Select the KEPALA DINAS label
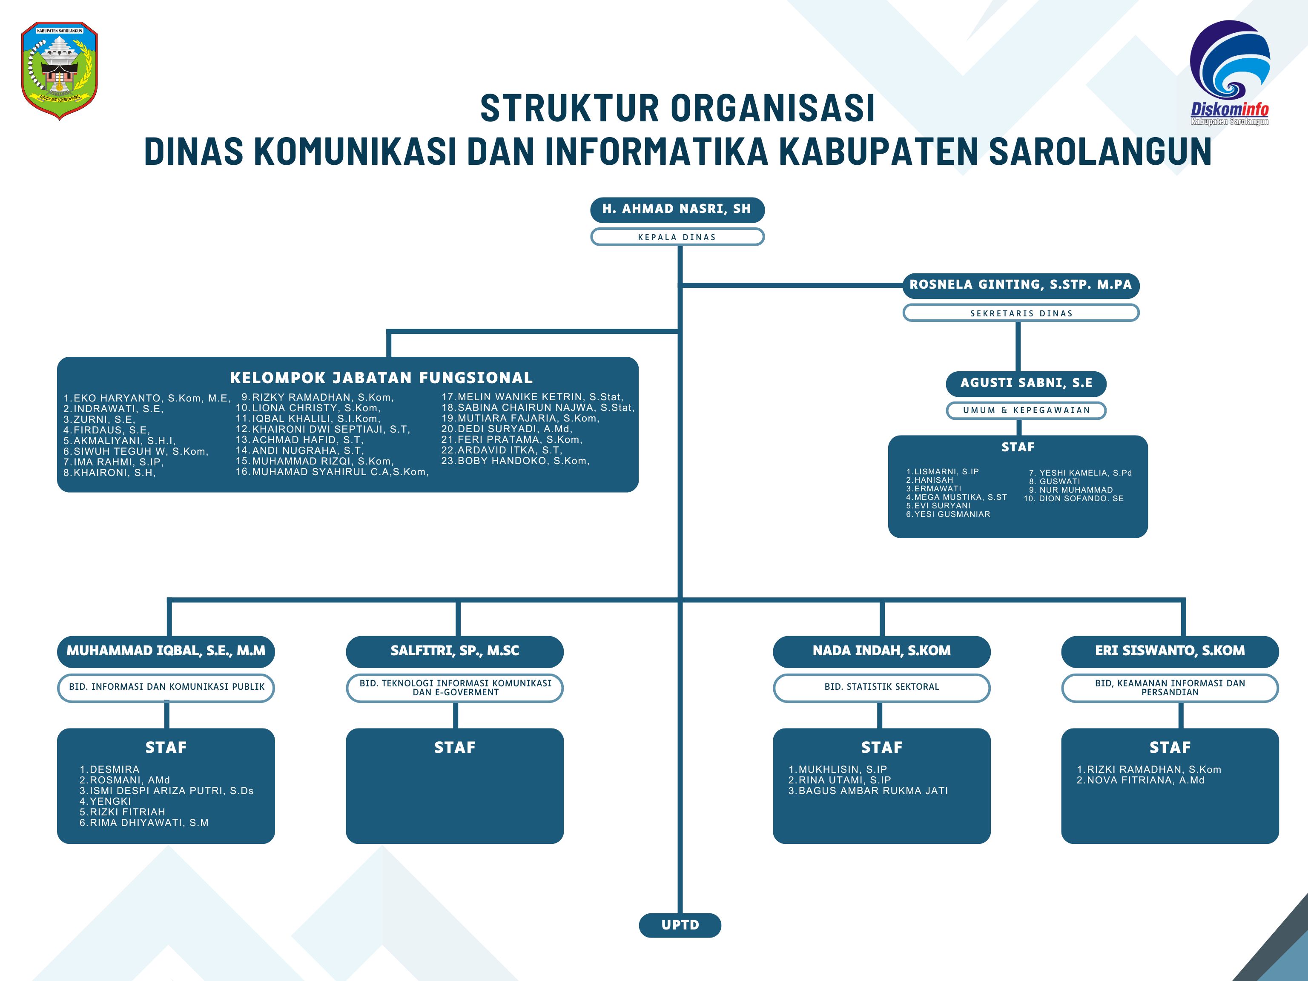[677, 237]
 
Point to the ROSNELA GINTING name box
[1021, 285]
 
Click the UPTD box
[680, 925]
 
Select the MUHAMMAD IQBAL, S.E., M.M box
[166, 651]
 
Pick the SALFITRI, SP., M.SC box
[455, 651]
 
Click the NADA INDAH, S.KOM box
[881, 651]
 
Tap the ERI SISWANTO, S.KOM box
[1170, 651]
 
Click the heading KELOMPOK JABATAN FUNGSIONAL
[381, 378]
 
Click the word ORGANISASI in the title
[772, 109]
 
